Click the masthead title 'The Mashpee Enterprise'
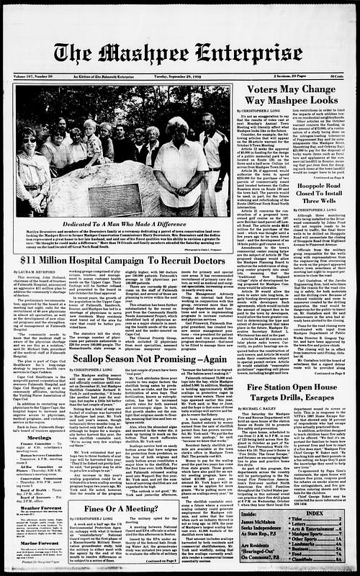(x=179, y=53)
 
